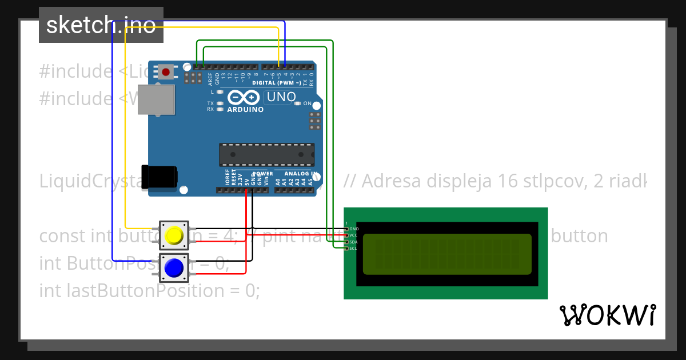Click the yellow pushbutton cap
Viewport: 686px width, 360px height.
(174, 235)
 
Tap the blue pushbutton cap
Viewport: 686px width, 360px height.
(174, 267)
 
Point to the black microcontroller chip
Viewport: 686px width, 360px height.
(266, 155)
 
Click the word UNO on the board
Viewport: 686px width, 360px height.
(281, 97)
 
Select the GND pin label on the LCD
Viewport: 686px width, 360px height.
(354, 229)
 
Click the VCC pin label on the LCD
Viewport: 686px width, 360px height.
(354, 235)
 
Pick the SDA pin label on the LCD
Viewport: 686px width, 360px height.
(354, 242)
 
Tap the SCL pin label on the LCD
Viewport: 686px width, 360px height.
(354, 248)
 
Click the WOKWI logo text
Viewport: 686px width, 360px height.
(608, 315)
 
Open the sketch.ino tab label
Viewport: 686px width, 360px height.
(101, 25)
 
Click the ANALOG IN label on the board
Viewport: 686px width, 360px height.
(297, 173)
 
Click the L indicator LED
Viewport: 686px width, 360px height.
(220, 91)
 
